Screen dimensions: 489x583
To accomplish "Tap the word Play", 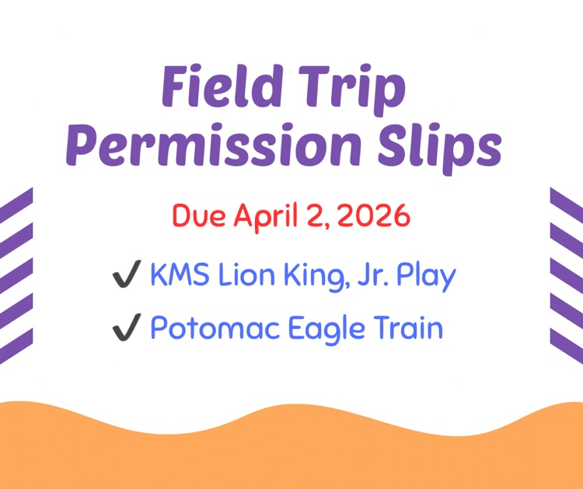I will coord(425,277).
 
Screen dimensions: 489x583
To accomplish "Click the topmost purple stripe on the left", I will coord(16,204).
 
